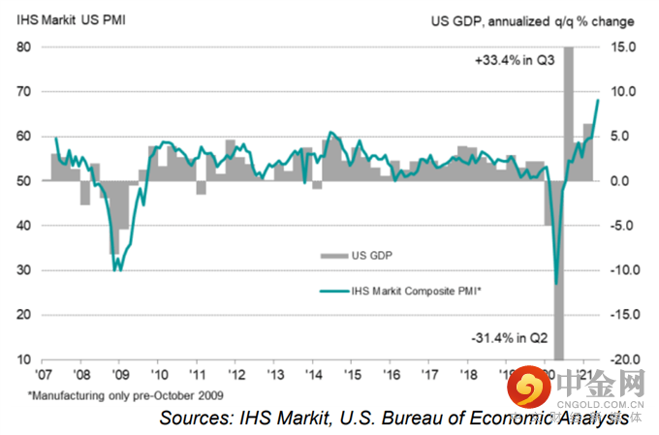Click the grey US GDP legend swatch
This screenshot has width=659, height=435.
click(332, 255)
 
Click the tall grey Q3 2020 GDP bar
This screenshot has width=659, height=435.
click(569, 107)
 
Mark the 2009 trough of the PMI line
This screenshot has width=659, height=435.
click(117, 268)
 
